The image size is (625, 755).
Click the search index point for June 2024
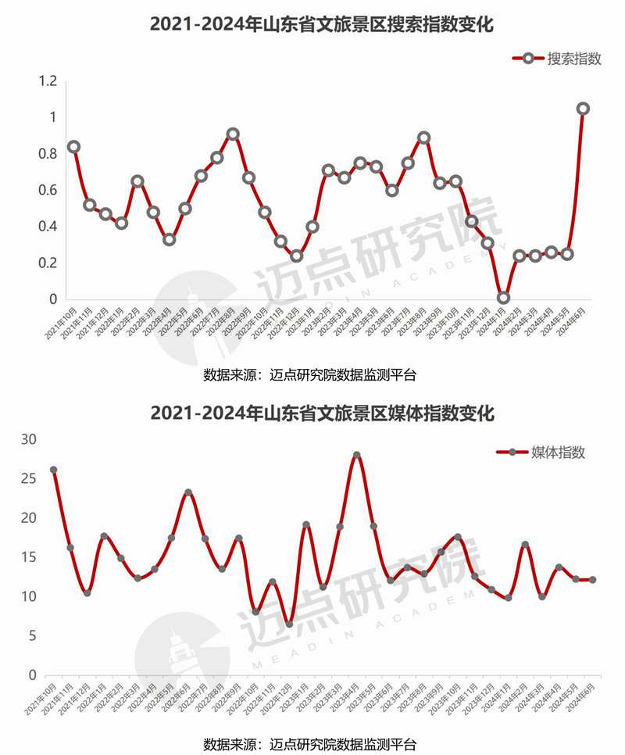tap(583, 109)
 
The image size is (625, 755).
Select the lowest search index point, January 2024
tap(503, 298)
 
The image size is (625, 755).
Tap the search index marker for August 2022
tap(233, 134)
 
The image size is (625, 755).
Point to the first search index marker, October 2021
tap(73, 147)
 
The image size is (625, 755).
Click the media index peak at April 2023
tap(356, 455)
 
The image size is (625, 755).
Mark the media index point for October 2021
tap(54, 470)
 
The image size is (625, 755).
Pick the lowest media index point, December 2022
tap(289, 624)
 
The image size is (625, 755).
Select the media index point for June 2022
tap(188, 492)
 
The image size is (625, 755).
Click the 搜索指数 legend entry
tap(557, 59)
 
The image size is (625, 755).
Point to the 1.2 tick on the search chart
tap(48, 81)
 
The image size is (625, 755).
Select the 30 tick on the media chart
tap(29, 439)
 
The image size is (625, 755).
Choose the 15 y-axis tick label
tap(29, 557)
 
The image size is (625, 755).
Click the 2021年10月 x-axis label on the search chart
tap(60, 323)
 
